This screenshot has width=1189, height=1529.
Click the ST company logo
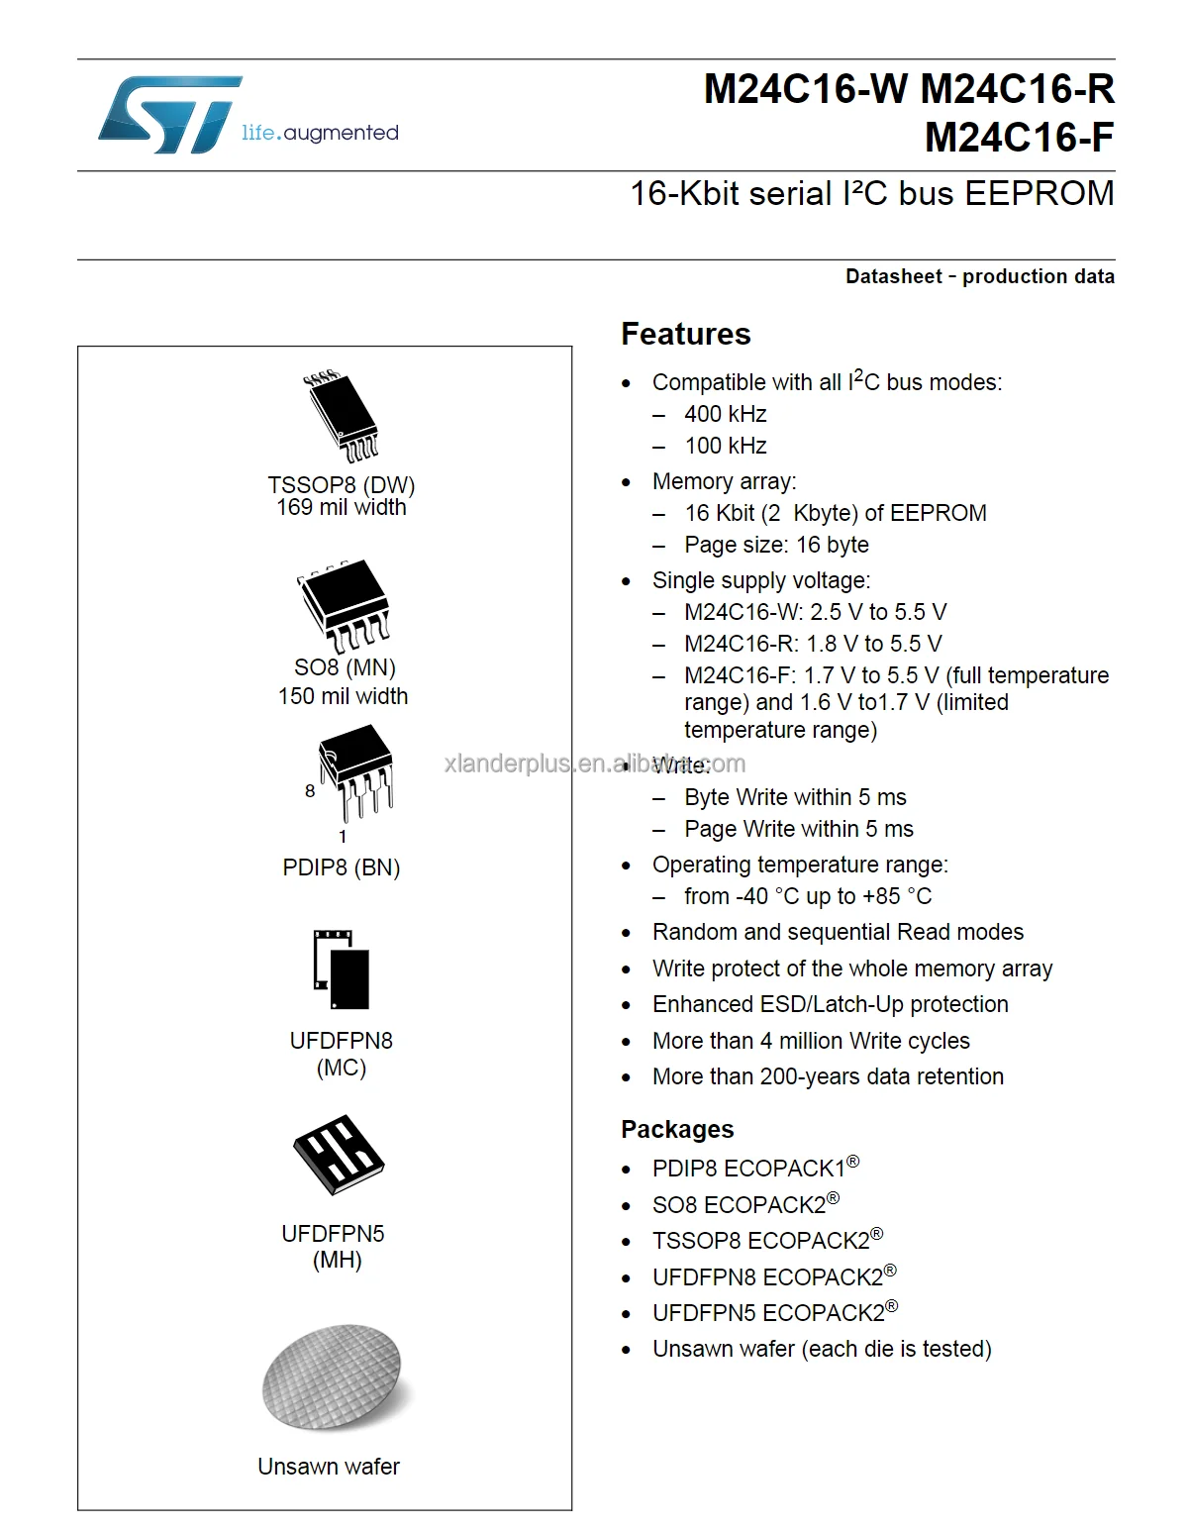click(170, 114)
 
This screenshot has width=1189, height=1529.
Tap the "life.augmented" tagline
click(320, 133)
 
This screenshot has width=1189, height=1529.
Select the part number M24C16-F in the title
click(1019, 138)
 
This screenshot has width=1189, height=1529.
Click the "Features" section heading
click(685, 335)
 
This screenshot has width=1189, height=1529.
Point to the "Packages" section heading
click(677, 1129)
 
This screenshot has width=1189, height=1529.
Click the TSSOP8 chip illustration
click(342, 417)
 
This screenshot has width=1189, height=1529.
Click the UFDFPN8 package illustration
click(342, 969)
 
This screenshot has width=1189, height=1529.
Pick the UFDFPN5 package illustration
click(339, 1155)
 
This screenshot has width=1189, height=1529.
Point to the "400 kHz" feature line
click(725, 414)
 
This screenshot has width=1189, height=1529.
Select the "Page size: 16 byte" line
click(776, 545)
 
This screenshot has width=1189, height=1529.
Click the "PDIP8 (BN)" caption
click(342, 867)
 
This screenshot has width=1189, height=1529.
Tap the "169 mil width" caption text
click(342, 507)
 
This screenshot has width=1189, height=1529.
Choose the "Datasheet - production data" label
click(979, 276)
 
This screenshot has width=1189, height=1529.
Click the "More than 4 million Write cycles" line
click(811, 1041)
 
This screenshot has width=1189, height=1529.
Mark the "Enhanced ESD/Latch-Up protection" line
click(830, 1004)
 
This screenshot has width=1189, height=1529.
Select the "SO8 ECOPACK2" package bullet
click(744, 1204)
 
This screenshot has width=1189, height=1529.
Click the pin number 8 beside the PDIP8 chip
click(310, 791)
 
